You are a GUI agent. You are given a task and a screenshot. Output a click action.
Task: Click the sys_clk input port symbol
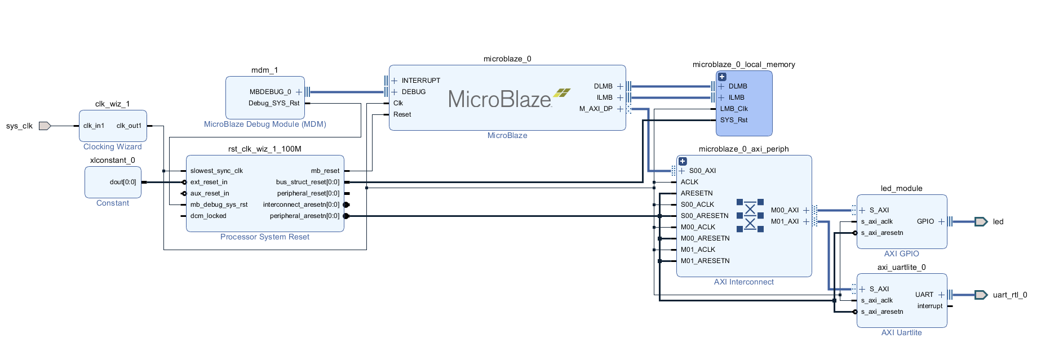click(45, 126)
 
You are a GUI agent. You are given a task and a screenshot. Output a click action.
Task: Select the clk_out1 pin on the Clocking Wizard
click(129, 126)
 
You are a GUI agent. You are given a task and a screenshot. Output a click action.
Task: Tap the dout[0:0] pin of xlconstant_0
click(123, 182)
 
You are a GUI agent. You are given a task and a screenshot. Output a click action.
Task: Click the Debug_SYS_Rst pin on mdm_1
click(274, 103)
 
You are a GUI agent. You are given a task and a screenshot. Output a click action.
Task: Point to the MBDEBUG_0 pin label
click(271, 92)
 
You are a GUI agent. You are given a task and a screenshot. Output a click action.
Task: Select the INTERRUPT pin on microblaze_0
click(420, 81)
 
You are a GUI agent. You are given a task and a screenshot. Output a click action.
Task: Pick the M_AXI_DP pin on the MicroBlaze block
click(596, 109)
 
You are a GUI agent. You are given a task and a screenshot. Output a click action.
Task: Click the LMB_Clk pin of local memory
click(734, 109)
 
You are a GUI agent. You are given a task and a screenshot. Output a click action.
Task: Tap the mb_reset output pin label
click(325, 171)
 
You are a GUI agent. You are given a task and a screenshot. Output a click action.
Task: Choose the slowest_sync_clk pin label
click(216, 171)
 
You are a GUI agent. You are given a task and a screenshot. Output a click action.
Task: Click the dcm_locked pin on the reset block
click(208, 216)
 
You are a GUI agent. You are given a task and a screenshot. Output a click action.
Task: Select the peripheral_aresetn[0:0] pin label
click(304, 216)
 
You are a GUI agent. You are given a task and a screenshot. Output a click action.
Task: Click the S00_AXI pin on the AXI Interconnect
click(702, 171)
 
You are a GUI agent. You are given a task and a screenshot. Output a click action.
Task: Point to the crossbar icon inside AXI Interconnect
click(750, 216)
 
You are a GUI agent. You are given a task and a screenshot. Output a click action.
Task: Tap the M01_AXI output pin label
click(785, 221)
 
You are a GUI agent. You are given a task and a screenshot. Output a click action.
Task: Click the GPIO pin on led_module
click(925, 221)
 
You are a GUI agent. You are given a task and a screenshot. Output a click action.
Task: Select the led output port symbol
click(981, 221)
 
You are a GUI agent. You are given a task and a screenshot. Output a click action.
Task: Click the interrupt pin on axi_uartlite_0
click(930, 306)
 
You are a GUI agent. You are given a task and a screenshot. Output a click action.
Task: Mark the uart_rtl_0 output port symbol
click(981, 295)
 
